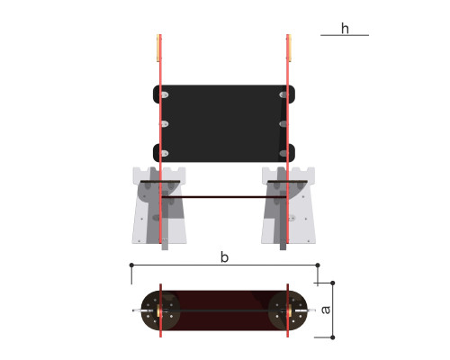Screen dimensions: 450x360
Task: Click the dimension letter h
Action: click(x=345, y=29)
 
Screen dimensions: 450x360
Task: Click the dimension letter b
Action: click(x=224, y=257)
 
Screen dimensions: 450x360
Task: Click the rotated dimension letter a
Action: click(x=326, y=310)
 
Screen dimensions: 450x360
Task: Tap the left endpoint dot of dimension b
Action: click(x=131, y=265)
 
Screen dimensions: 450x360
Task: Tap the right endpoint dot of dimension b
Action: click(x=318, y=265)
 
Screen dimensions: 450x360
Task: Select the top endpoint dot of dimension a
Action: click(x=332, y=283)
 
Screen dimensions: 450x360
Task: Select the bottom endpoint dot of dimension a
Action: click(x=332, y=337)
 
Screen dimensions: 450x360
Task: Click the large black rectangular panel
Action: click(x=224, y=123)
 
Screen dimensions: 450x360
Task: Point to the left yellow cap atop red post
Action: click(x=158, y=48)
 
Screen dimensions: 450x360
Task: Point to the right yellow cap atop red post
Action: click(x=290, y=48)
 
